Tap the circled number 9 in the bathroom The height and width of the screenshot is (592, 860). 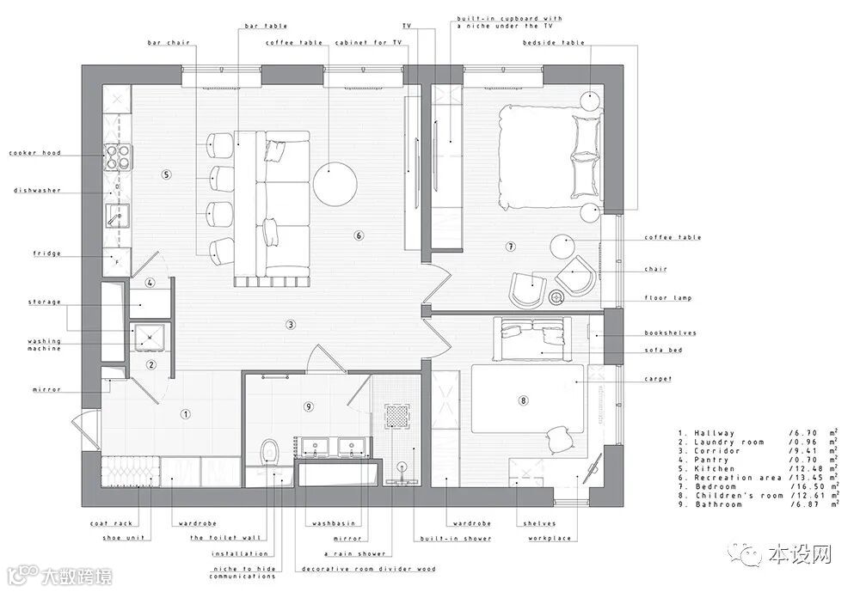click(309, 406)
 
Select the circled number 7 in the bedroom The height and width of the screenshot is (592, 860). click(511, 247)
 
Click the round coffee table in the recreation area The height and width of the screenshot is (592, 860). click(335, 184)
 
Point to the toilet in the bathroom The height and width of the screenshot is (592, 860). click(270, 452)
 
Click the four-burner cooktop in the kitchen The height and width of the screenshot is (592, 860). click(117, 156)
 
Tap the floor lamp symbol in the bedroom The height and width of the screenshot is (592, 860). click(556, 297)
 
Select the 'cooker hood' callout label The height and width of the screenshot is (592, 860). click(35, 153)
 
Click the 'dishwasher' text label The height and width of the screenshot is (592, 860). click(37, 191)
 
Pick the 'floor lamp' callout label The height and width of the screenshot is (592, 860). click(668, 298)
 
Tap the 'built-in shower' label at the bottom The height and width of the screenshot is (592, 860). click(456, 538)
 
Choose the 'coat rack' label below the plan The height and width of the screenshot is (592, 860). click(113, 523)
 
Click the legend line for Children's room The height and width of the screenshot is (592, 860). click(758, 496)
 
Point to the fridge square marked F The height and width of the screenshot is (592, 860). click(117, 262)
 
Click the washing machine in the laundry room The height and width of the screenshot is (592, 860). click(148, 337)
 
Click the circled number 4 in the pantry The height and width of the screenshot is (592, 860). click(150, 284)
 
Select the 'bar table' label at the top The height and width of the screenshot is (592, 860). click(266, 26)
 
